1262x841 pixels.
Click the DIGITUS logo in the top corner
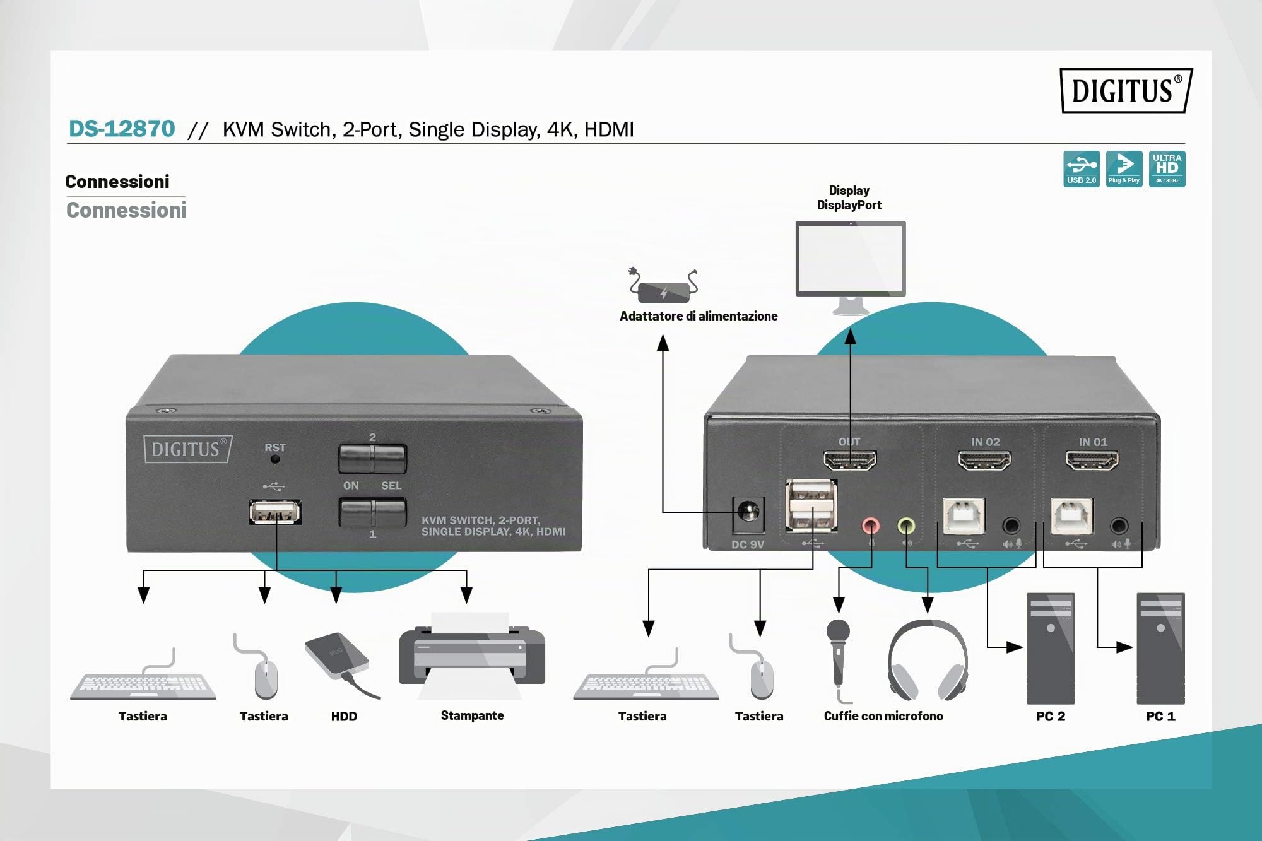[x=1126, y=90]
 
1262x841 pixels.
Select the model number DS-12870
[x=122, y=129]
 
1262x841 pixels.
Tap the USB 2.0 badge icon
[x=1082, y=168]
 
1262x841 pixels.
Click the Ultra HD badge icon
[x=1167, y=168]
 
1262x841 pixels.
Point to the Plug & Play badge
[x=1124, y=168]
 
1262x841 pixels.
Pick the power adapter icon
[x=663, y=286]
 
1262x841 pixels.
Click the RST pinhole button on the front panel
[x=275, y=459]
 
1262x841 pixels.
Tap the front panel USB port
[x=275, y=512]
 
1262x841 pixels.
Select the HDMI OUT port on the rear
[x=850, y=461]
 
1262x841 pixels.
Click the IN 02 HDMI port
[x=984, y=461]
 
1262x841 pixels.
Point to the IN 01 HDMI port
[x=1092, y=461]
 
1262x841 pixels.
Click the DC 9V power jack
[x=748, y=512]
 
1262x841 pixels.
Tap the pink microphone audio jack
[x=871, y=525]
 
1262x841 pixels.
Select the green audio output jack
[x=906, y=525]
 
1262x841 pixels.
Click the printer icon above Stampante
[x=472, y=655]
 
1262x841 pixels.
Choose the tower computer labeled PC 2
[x=1051, y=649]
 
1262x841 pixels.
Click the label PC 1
[x=1160, y=716]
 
